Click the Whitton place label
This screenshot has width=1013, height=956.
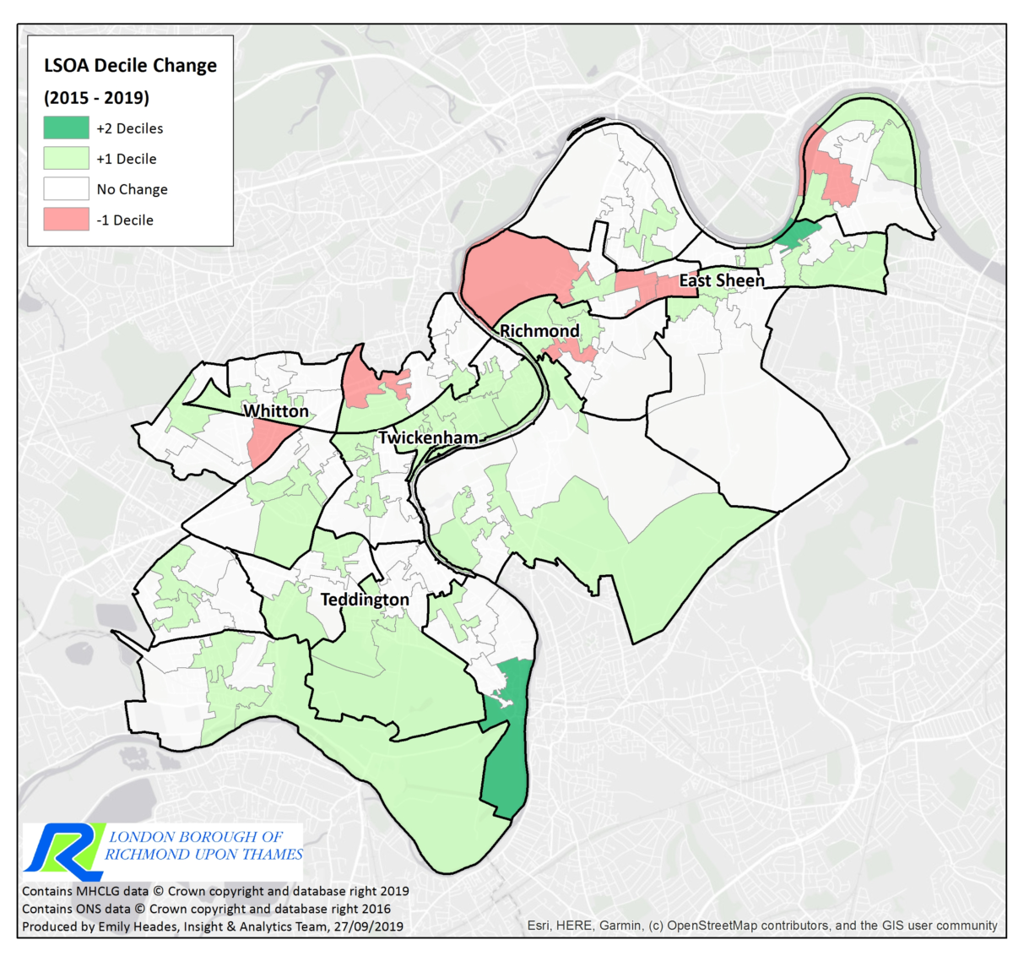(276, 411)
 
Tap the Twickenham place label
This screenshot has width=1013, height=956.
(428, 437)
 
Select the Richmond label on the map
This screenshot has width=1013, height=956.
(540, 331)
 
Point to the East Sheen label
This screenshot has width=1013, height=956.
(722, 280)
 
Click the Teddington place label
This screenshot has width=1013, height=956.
(365, 600)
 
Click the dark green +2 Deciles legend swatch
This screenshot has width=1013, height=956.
(66, 128)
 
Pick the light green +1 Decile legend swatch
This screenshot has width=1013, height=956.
(66, 159)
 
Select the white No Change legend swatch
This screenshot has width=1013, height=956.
(66, 189)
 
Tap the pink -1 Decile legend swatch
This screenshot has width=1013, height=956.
(66, 220)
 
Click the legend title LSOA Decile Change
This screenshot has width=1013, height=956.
(130, 66)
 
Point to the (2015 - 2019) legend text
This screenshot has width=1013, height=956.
(96, 97)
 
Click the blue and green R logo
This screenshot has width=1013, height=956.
(63, 849)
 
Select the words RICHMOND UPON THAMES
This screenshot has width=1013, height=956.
(203, 855)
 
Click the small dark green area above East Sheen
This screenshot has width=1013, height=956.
(797, 232)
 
